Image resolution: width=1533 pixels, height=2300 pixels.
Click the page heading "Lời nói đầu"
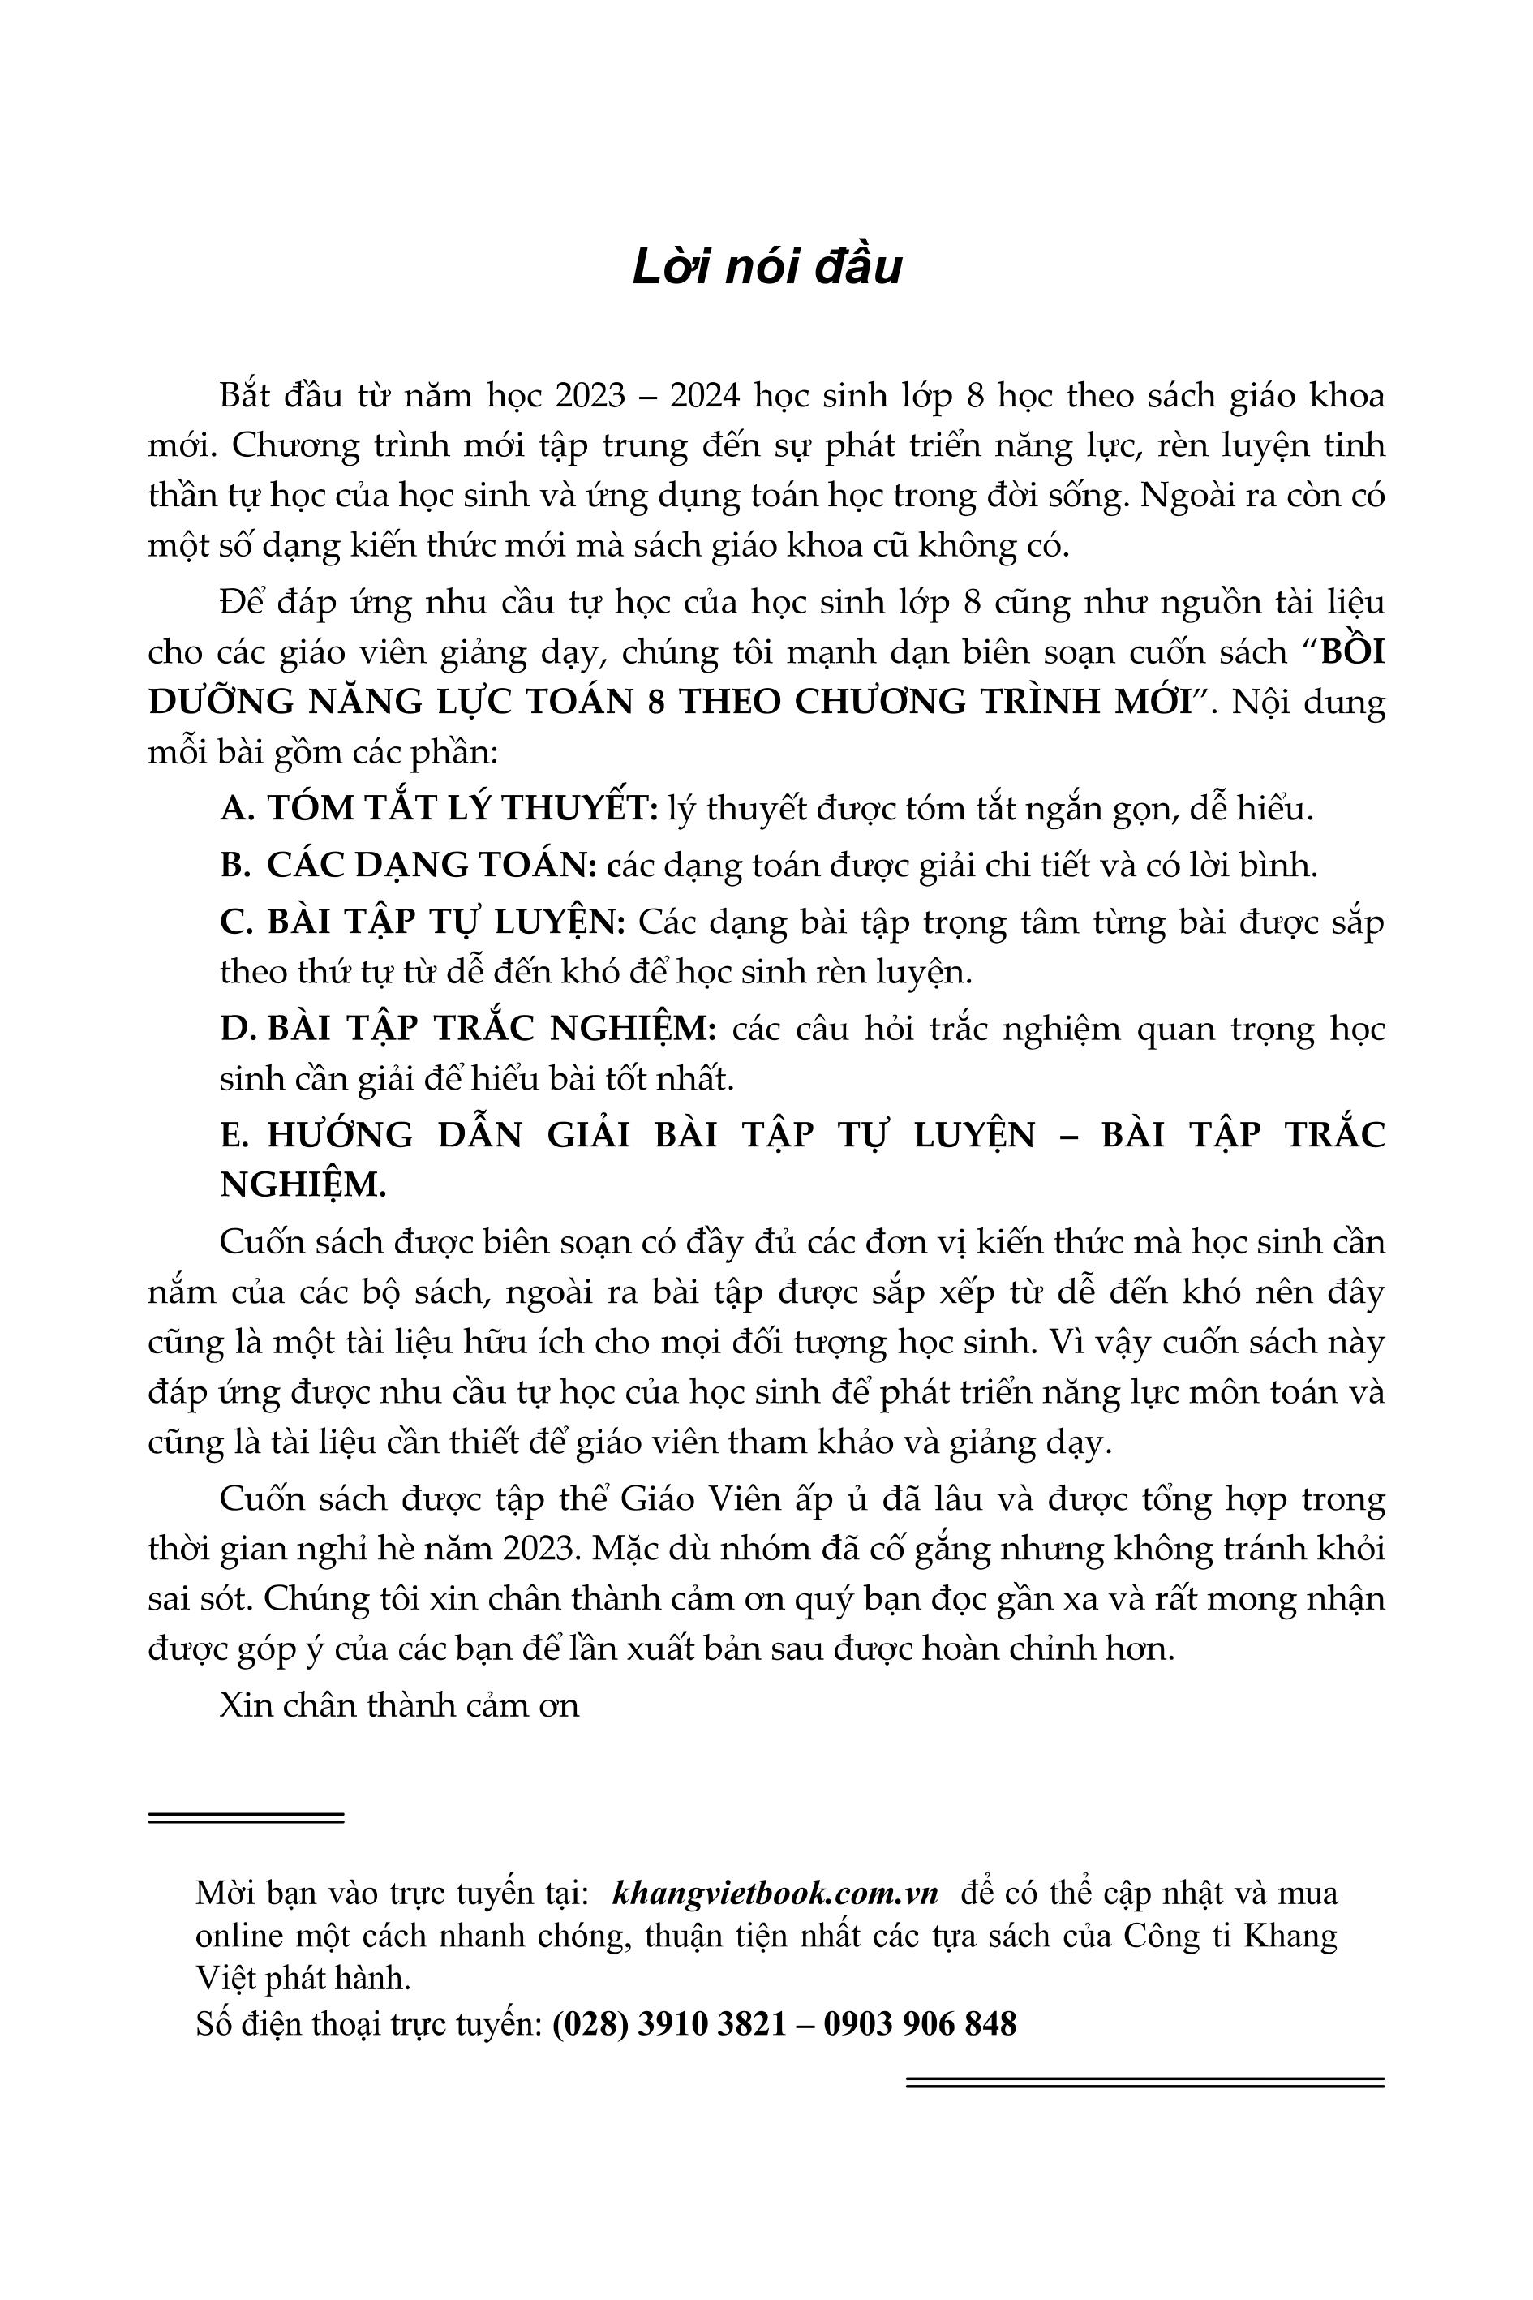[x=766, y=268]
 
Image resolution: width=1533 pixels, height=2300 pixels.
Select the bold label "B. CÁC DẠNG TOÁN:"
[x=409, y=865]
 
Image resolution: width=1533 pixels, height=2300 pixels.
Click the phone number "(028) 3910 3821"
[x=668, y=2023]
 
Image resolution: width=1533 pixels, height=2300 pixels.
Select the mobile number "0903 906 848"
[x=919, y=2023]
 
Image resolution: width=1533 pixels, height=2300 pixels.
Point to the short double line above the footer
[x=247, y=1818]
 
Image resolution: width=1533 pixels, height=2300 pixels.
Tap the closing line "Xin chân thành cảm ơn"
[x=399, y=1705]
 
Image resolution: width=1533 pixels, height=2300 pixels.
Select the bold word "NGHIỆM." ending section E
[x=303, y=1184]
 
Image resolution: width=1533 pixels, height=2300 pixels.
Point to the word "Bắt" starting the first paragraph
[x=243, y=396]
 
